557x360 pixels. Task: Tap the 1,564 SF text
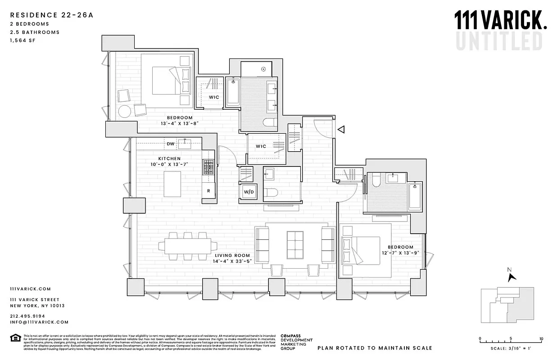[x=22, y=40]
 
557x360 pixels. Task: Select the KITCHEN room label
[x=169, y=158]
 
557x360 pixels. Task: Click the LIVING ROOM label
[x=232, y=256]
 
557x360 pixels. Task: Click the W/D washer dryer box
[x=248, y=192]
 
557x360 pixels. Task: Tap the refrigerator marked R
[x=208, y=190]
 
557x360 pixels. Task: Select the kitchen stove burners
[x=208, y=168]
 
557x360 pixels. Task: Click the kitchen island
[x=172, y=184]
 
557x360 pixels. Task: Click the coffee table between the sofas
[x=295, y=245]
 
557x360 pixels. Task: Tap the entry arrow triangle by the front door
[x=341, y=130]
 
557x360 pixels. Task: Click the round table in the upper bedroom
[x=125, y=111]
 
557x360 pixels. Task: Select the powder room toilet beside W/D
[x=270, y=193]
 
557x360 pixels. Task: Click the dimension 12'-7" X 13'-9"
[x=400, y=253]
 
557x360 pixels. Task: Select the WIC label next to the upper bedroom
[x=213, y=97]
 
